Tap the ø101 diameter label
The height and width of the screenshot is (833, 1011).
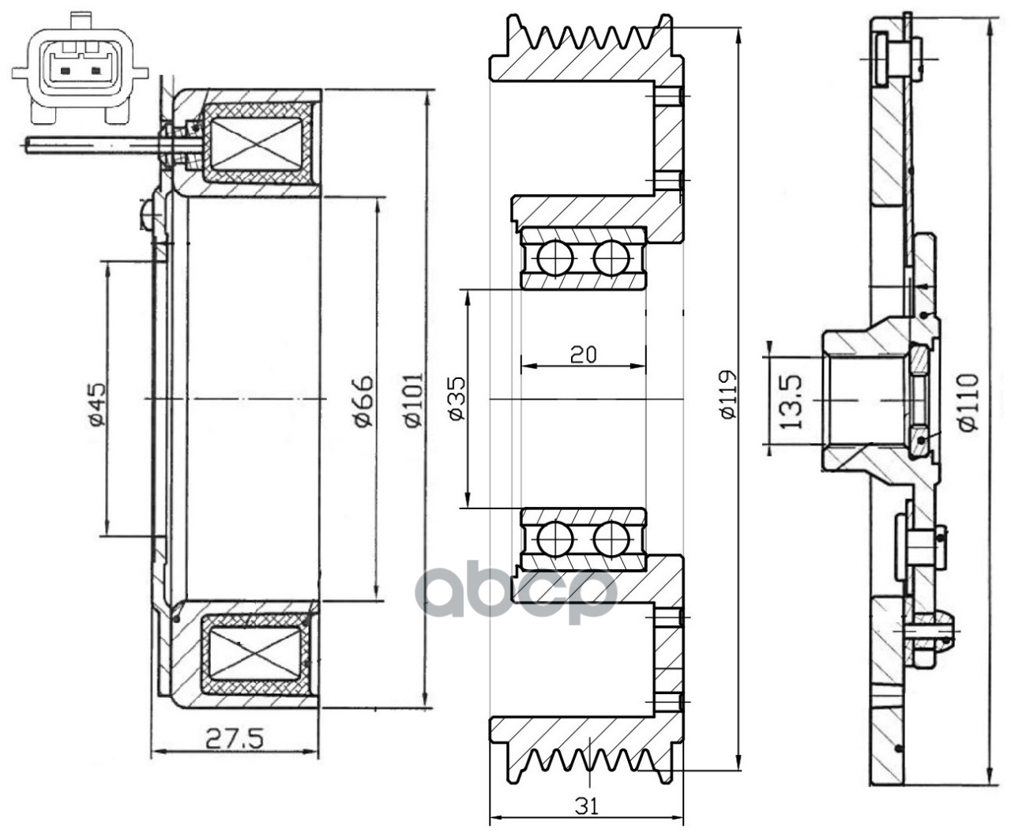click(x=414, y=400)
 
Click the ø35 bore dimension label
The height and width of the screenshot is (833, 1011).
click(x=456, y=399)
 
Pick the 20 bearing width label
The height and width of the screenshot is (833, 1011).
click(x=584, y=355)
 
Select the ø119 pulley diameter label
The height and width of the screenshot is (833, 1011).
click(x=727, y=395)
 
